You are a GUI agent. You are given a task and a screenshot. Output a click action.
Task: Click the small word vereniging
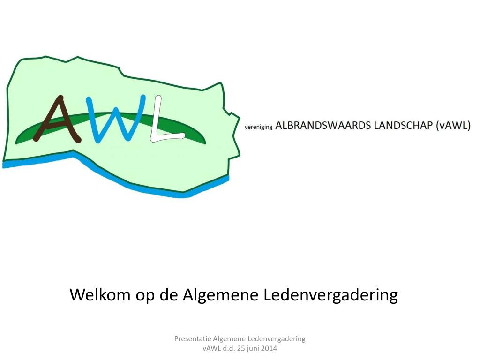click(x=258, y=127)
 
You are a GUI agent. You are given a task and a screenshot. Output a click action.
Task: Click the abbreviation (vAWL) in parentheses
click(x=453, y=126)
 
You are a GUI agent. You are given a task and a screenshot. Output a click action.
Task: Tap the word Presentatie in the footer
click(x=192, y=338)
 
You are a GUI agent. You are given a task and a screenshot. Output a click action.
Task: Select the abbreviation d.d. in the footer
click(x=228, y=348)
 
